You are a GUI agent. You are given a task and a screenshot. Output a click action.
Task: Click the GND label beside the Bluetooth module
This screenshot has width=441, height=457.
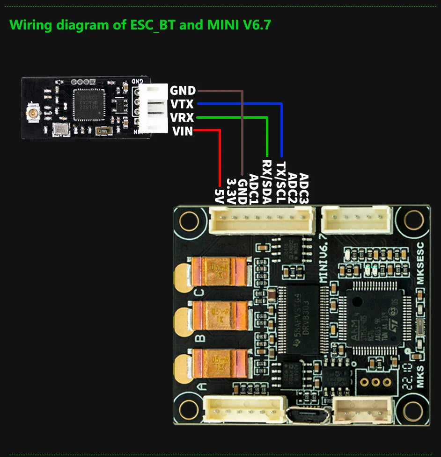coord(183,90)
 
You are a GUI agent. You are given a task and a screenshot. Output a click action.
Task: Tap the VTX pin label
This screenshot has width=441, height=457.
coord(182,104)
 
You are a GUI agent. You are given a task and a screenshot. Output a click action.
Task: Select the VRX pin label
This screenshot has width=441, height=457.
coord(182,117)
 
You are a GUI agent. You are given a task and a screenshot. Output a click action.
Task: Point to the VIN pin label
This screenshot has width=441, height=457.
coord(182,131)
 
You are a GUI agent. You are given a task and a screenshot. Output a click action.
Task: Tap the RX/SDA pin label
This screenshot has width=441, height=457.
coord(266,182)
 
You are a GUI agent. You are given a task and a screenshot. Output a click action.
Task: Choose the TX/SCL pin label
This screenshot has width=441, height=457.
coord(280,183)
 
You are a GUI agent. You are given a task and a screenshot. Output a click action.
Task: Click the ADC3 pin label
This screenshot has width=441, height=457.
coord(304,188)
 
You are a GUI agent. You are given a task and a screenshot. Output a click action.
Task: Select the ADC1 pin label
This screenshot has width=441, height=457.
coord(254,189)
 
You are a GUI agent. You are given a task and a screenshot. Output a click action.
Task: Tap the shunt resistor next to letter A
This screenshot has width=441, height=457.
coord(220,364)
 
